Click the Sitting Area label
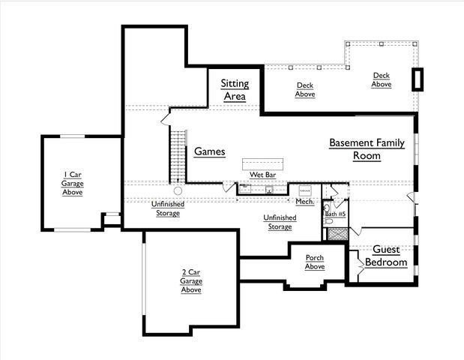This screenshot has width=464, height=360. click(x=234, y=90)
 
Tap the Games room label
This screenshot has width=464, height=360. click(x=210, y=151)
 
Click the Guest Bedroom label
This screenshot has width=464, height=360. click(x=386, y=256)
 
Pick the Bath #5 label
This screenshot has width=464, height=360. click(x=335, y=214)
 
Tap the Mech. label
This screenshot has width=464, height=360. click(x=304, y=201)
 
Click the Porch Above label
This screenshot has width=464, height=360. click(x=314, y=262)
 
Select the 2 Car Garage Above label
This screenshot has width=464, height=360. click(x=190, y=280)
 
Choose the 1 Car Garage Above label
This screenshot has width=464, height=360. click(x=73, y=184)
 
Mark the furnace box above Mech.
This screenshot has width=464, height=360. click(x=306, y=190)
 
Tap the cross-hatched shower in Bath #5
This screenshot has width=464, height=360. click(x=337, y=232)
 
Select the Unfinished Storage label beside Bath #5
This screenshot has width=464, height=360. click(x=280, y=222)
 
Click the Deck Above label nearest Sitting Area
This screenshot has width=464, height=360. click(x=305, y=90)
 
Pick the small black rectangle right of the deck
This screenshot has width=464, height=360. click(x=418, y=79)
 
